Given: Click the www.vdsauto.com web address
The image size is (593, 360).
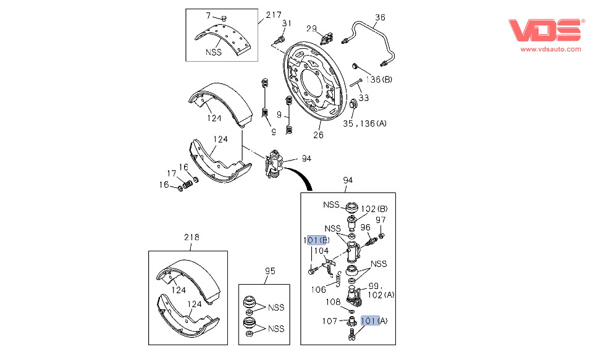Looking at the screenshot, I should coord(550,49).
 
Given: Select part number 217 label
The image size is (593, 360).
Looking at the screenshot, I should coord(274,15).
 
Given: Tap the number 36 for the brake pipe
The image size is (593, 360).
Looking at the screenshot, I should coord(380,17).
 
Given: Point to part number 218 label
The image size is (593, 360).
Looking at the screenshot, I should coord(191,237).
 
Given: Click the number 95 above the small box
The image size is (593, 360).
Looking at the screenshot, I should coord(269,270).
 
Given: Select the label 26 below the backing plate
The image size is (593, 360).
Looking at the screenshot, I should coord(319,136).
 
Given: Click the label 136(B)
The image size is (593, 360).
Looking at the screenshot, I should coord(379,79).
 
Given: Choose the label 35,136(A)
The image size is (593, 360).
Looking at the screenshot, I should coord(364,123).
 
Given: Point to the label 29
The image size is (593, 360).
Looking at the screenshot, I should coord(312,28).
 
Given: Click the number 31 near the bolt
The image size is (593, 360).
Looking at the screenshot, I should coord(286,23).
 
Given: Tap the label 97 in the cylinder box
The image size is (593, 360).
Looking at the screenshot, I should coord(381,220).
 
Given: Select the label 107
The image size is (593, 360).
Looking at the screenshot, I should coord(329,320).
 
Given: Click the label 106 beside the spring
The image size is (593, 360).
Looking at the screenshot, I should coord(319,288).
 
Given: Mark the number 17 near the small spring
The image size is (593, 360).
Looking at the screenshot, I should coord(172,174).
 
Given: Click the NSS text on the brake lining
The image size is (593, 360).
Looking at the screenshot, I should coord(214,52).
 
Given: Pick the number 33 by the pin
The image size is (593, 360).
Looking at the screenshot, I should coord(364,98).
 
